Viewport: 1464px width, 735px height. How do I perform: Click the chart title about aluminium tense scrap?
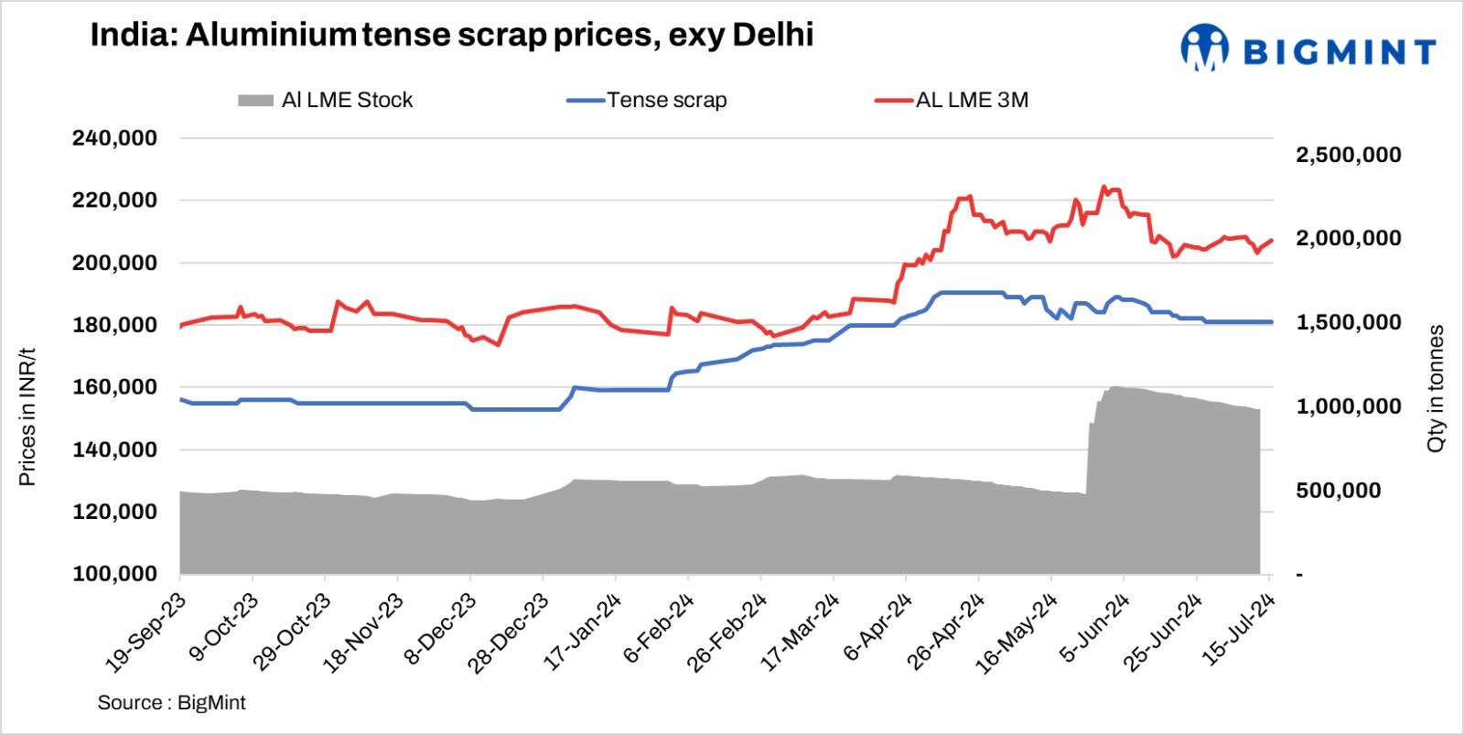(x=451, y=36)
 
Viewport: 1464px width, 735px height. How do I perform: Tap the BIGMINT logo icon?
(x=1204, y=48)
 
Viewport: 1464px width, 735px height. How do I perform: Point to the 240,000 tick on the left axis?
(x=114, y=138)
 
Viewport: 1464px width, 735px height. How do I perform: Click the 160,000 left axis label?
(x=114, y=387)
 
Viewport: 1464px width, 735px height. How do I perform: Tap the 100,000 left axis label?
(x=114, y=574)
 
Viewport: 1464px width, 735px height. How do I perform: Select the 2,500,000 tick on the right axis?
(x=1348, y=155)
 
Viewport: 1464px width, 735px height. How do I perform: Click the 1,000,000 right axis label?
(x=1348, y=406)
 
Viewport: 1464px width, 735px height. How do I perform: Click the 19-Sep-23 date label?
(x=146, y=632)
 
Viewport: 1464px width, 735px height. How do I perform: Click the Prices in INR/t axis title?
(x=27, y=417)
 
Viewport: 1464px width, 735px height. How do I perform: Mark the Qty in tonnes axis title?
(x=1436, y=388)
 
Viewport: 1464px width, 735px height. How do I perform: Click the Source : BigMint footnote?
(x=171, y=703)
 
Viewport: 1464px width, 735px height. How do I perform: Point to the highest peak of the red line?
(x=1104, y=187)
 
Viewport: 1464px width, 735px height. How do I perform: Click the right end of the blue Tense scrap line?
(x=1271, y=322)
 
